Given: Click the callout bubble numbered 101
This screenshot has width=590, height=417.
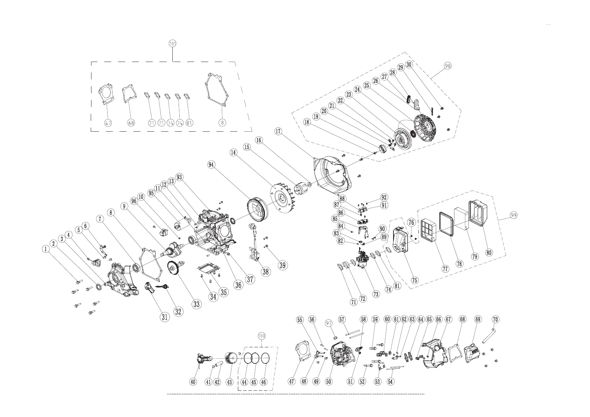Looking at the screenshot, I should point(172,44).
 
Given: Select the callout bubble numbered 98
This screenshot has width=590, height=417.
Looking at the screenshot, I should point(447,65).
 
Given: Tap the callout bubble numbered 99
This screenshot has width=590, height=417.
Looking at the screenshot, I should point(513,215).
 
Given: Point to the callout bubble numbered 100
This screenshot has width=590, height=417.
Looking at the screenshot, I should point(261,336).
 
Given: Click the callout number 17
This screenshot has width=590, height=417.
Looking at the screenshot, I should point(278,131).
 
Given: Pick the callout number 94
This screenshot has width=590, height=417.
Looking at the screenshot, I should point(211,165).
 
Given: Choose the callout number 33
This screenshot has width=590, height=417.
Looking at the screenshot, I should point(197,304).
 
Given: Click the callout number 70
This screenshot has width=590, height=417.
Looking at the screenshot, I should point(495,319).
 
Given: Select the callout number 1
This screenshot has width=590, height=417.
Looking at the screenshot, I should point(45,249).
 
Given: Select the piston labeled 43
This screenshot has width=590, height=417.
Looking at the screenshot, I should point(230,359).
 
